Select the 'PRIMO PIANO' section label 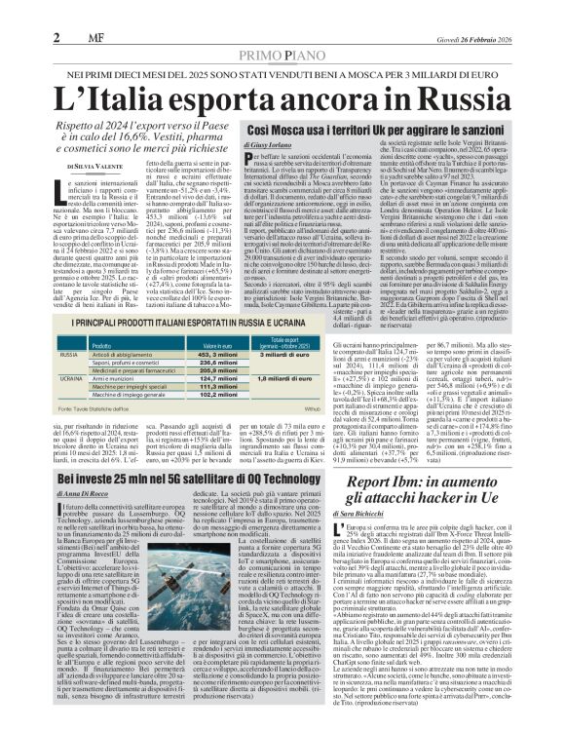[x=282, y=30]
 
